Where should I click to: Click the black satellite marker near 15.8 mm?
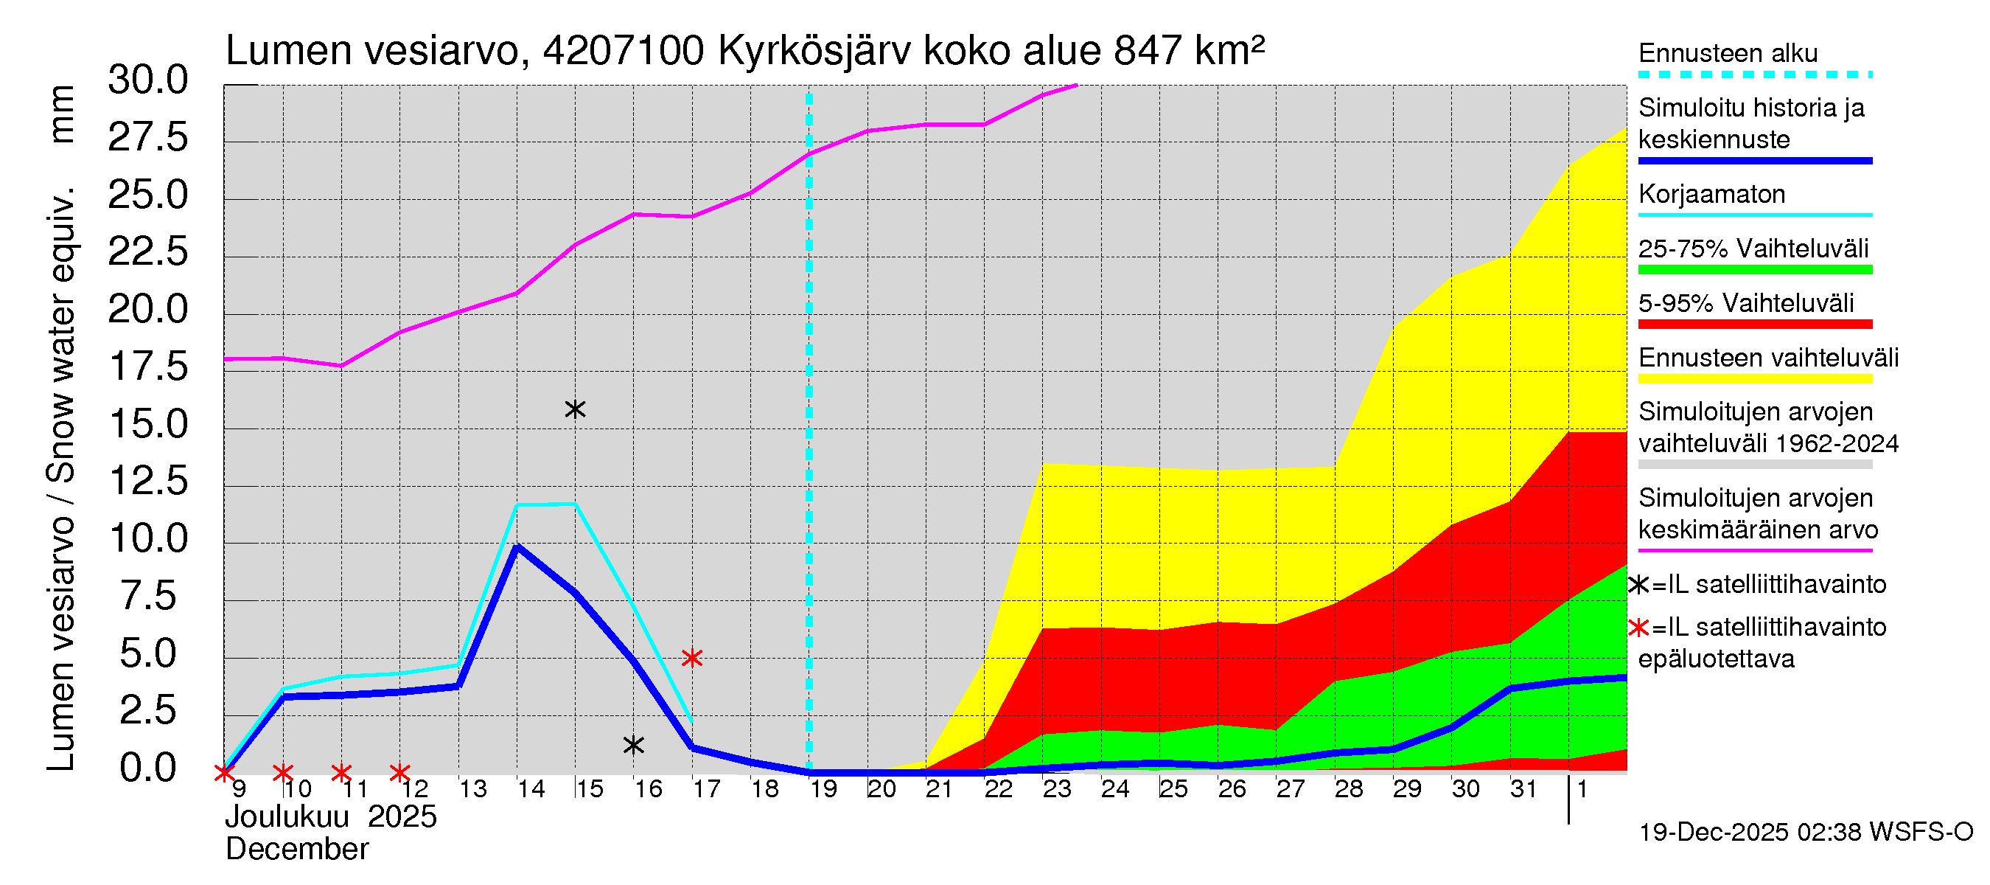tap(575, 409)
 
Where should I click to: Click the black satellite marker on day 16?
tap(633, 745)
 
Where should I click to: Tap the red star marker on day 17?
tap(691, 658)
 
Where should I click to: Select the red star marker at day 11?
tap(341, 772)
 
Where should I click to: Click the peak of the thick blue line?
tap(517, 546)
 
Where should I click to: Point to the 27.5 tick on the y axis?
tap(147, 139)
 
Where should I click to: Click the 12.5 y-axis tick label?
tap(147, 482)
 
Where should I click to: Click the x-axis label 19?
tap(823, 789)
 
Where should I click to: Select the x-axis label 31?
tap(1523, 789)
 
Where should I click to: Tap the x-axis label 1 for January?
tap(1582, 789)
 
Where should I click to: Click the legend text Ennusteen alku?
tap(1728, 53)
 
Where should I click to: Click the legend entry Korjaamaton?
tap(1711, 194)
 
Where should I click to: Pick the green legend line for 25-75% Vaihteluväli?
tap(1754, 270)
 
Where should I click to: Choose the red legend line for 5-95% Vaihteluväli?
tap(1754, 324)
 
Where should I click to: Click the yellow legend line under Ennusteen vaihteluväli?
tap(1754, 379)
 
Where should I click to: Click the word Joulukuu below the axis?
tap(287, 817)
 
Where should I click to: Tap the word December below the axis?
tap(296, 850)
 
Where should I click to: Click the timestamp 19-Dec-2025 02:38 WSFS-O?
tap(1805, 833)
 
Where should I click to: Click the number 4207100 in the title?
tap(623, 51)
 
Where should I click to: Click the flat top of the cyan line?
tap(546, 504)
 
